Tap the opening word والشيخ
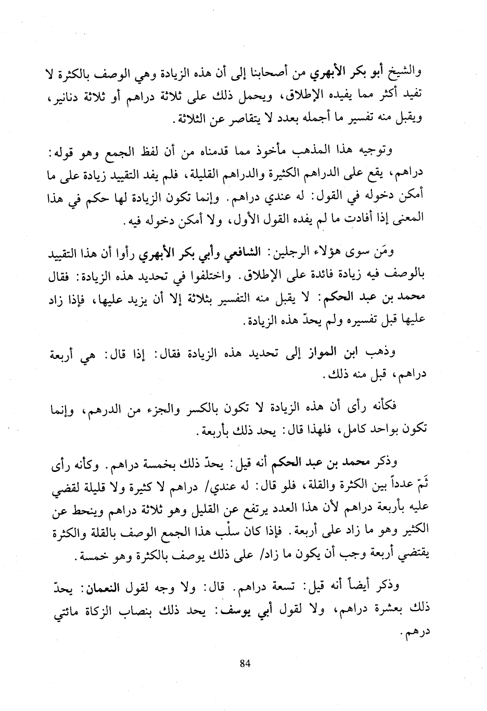point(404,72)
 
